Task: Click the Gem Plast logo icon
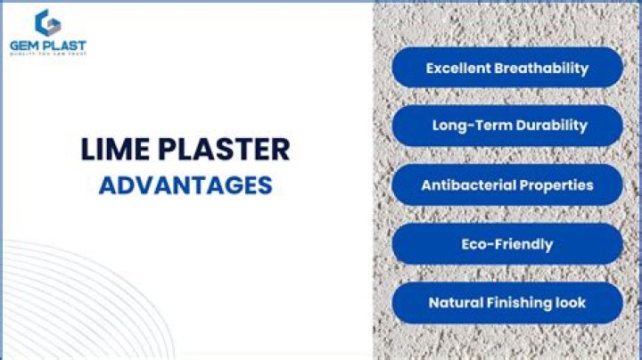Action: coord(47,22)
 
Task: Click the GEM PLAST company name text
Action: coord(48,45)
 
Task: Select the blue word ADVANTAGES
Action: coord(185,185)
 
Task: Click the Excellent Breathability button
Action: coord(506,68)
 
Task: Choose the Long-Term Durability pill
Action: coord(506,126)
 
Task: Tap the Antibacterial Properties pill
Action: coord(506,185)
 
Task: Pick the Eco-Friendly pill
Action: coord(506,244)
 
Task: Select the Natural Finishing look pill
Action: coord(506,303)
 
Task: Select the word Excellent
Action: coord(458,68)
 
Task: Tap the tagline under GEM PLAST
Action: coord(48,53)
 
